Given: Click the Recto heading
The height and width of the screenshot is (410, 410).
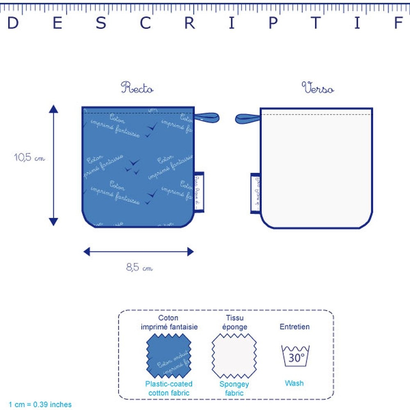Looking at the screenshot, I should [137, 88].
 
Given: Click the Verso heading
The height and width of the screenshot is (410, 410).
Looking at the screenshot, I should [318, 88].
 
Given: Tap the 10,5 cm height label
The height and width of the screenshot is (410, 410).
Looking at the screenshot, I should [29, 158].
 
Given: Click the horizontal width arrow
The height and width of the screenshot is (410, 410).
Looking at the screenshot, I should [138, 251].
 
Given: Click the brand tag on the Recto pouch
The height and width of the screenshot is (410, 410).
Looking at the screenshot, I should [198, 192].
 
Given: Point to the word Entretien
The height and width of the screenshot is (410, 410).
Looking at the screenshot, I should [294, 327].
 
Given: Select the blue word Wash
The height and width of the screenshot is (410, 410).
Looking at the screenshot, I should [294, 383].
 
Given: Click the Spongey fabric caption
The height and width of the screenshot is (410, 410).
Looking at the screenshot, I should [234, 389].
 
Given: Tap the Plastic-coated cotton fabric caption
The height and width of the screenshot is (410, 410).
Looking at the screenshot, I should [169, 389].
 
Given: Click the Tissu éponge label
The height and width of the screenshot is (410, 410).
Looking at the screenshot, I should [234, 322].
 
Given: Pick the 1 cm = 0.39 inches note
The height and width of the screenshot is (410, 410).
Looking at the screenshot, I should [40, 404].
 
